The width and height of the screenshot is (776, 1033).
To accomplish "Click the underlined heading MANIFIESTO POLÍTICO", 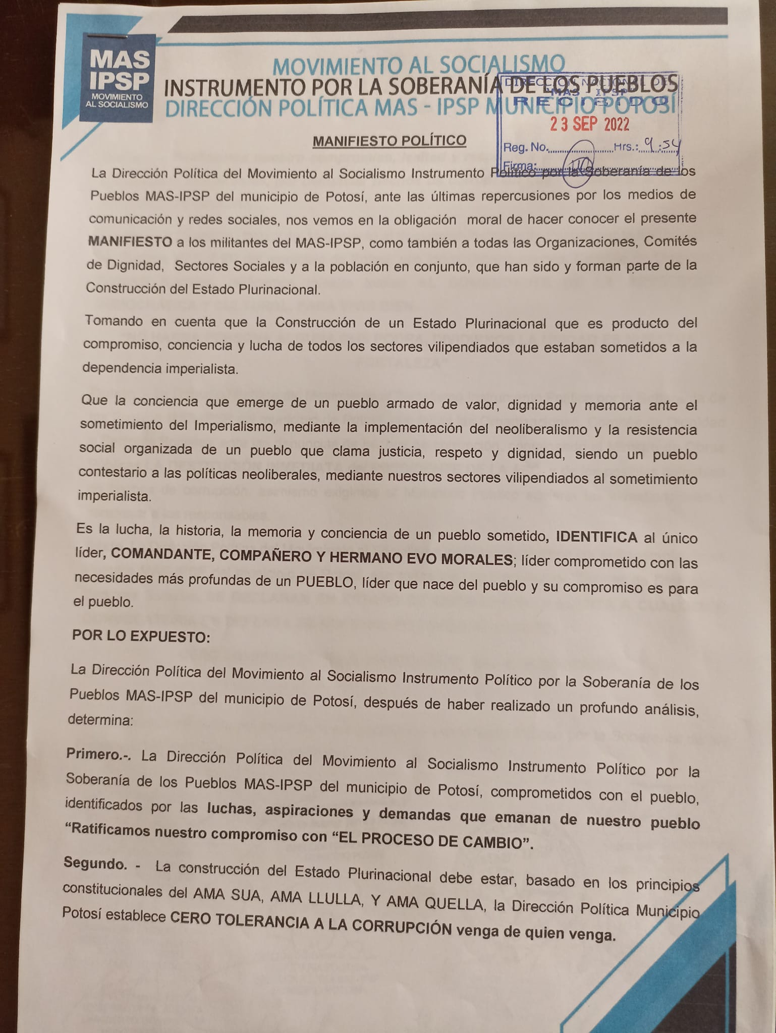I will coord(389,141).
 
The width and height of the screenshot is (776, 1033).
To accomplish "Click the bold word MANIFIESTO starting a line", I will coord(130,242).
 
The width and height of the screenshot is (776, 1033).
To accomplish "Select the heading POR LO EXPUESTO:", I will coord(141,636).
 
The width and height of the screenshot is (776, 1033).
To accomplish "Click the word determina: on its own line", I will coord(100,721).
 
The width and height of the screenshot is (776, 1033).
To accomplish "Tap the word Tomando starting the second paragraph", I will coord(110,321).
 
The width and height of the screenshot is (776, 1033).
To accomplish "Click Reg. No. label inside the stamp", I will coord(525,147).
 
